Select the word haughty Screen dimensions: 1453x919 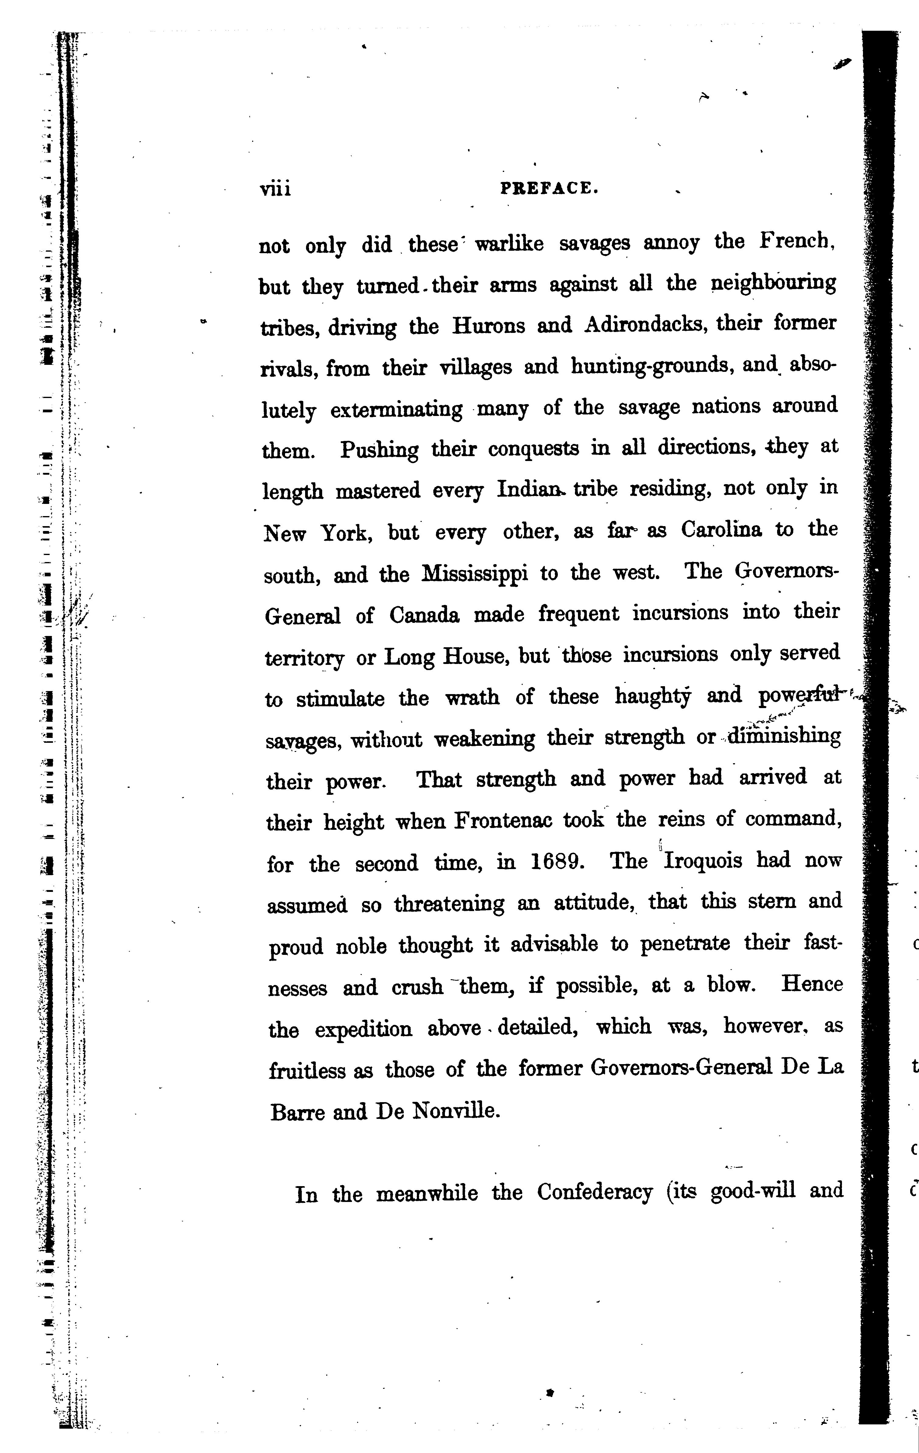point(653,697)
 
